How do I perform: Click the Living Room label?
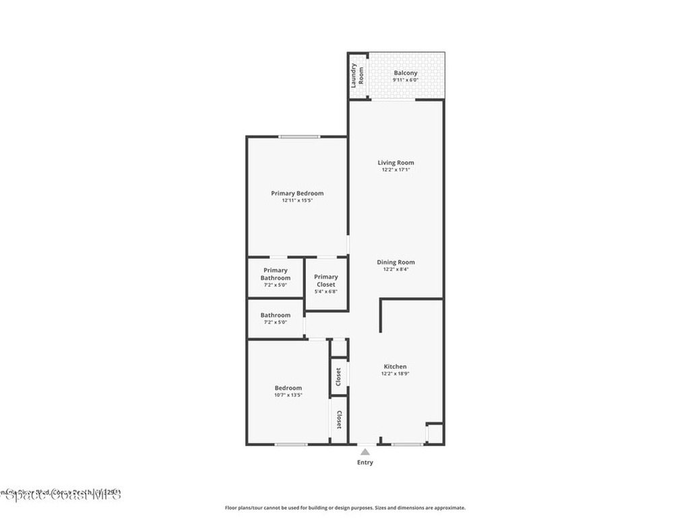coord(396,163)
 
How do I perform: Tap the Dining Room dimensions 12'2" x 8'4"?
coord(396,269)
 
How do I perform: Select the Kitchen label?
coord(396,366)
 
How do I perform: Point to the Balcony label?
coord(406,73)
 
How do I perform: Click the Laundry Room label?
coord(357,76)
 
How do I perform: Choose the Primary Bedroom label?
coord(297,193)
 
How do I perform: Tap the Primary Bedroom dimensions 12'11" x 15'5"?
coord(297,200)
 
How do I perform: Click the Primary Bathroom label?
coord(275,274)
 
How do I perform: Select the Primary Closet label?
coord(326,280)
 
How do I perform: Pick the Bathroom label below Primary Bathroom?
coord(275,315)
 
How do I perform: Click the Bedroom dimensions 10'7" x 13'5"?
coord(288,395)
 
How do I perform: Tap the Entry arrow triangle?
coord(365,452)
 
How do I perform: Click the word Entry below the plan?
coord(365,463)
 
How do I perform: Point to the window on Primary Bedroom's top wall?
coord(300,137)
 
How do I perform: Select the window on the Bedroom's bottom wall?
coord(291,444)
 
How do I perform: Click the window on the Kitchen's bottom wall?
coord(407,444)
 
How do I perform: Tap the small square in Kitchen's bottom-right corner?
coord(435,433)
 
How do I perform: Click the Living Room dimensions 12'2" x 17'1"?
coord(396,170)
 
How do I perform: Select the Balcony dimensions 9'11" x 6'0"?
coord(406,80)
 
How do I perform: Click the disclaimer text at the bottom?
coord(344,508)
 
